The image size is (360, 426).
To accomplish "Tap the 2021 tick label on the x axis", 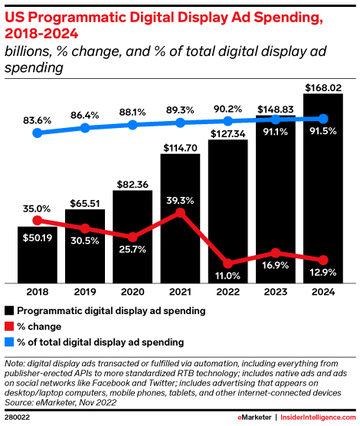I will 180,292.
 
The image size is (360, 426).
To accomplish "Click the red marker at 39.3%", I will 180,212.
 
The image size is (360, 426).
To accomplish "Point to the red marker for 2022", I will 227,263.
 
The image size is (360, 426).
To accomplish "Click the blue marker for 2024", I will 322,119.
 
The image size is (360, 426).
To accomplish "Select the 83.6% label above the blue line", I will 38,120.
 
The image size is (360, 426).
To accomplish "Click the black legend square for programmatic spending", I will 9,311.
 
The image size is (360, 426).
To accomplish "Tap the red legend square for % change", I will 9,326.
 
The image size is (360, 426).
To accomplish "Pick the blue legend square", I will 9,341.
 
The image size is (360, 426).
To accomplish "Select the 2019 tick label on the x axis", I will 85,292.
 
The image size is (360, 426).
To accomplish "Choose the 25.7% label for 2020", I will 133,250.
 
